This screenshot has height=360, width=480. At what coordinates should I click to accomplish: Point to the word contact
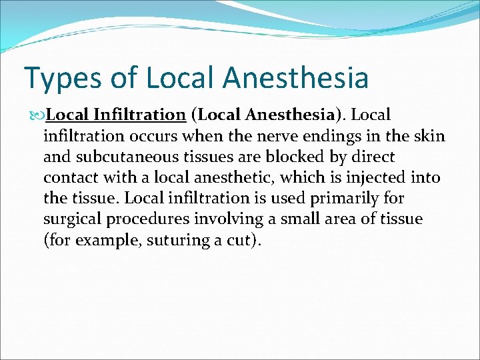[x=70, y=178]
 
